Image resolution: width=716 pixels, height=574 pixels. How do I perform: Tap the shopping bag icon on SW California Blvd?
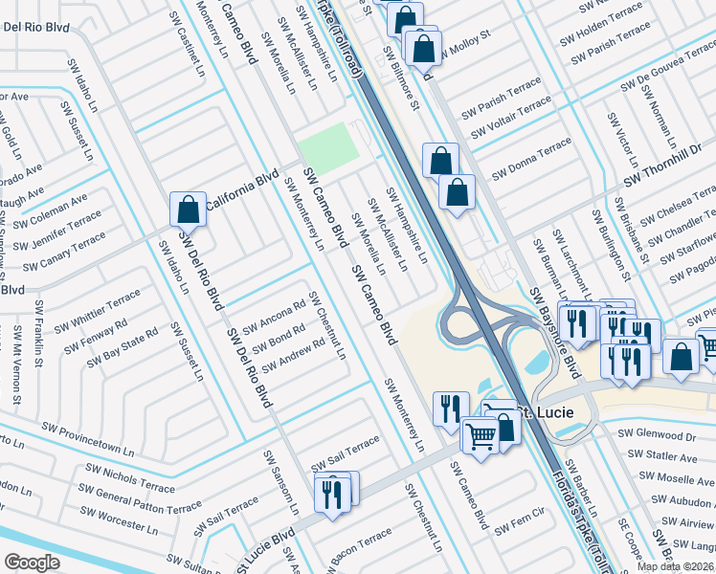click(189, 210)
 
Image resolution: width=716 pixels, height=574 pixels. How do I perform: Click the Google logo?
click(31, 563)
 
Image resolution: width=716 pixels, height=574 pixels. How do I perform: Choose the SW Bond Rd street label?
click(280, 340)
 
